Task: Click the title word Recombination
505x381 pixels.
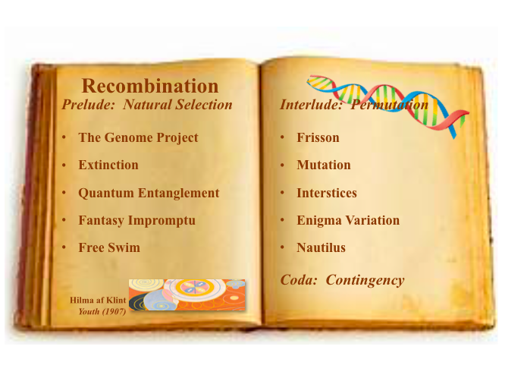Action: tap(150, 86)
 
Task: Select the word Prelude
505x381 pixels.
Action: tap(89, 104)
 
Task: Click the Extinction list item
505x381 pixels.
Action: tap(108, 165)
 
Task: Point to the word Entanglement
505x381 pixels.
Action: tap(179, 193)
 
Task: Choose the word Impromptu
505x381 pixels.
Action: tap(162, 221)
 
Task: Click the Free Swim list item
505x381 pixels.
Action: tap(109, 247)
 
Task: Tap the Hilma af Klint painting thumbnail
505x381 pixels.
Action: tap(187, 295)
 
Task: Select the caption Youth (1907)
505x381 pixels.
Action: tap(102, 311)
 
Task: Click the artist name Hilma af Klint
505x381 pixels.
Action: tap(98, 300)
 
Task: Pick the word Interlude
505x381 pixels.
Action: tap(311, 104)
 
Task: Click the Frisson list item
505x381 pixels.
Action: tap(318, 137)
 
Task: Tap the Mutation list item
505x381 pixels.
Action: tap(324, 165)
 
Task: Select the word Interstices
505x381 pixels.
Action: tap(327, 193)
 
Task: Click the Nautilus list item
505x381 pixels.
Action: tap(321, 247)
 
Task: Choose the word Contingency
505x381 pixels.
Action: tap(365, 280)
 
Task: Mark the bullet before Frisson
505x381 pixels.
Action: tap(283, 137)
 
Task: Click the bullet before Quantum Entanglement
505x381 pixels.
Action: tap(64, 193)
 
